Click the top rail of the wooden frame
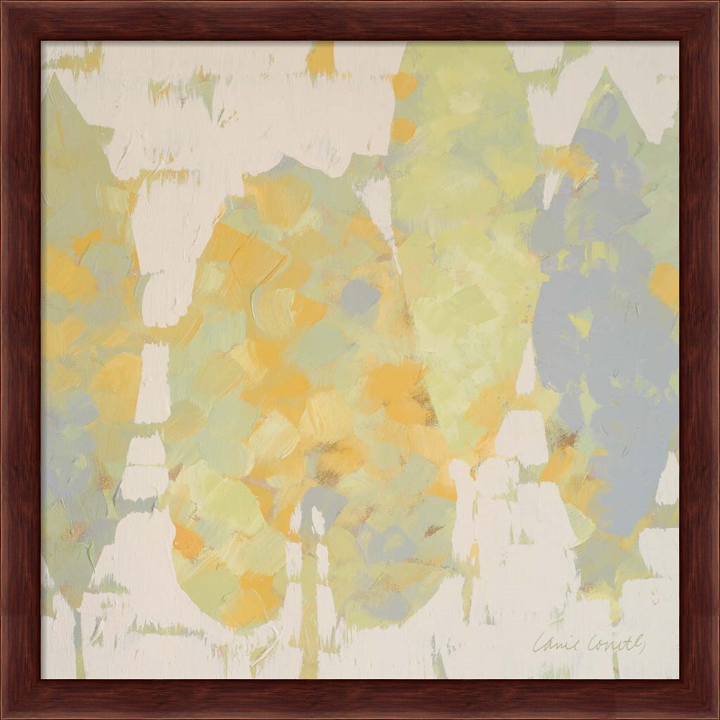[360, 20]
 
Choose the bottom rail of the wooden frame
[360, 699]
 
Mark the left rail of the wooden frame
[20, 360]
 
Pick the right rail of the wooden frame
[700, 360]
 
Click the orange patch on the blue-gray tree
[664, 284]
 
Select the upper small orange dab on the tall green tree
[404, 86]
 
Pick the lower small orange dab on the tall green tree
[403, 129]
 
